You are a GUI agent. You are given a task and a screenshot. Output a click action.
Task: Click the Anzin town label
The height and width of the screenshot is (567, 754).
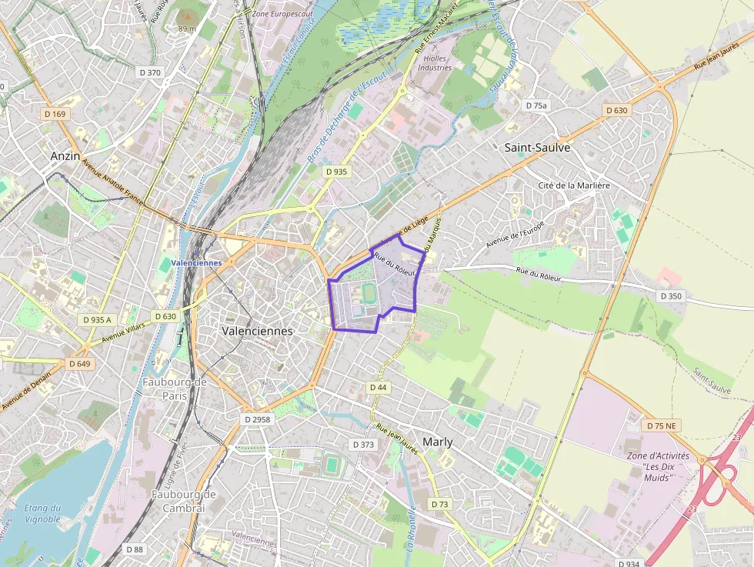click(x=65, y=155)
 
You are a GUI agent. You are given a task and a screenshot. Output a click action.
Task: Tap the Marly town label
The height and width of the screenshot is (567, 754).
click(x=437, y=442)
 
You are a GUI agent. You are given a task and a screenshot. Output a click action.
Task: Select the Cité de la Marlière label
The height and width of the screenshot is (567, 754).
click(x=573, y=185)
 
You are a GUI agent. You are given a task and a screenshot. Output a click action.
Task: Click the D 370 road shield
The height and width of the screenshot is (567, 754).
click(x=150, y=72)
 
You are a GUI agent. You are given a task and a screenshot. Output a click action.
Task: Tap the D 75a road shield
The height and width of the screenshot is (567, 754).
click(x=535, y=105)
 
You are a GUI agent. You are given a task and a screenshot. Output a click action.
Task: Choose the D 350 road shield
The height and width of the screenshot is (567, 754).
click(x=670, y=296)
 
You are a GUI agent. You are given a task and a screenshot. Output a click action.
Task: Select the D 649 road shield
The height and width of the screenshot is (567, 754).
click(x=79, y=363)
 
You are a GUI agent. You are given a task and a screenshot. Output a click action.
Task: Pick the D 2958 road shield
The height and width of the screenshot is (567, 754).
click(x=257, y=419)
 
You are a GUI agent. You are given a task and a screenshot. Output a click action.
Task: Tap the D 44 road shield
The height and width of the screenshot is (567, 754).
click(x=378, y=387)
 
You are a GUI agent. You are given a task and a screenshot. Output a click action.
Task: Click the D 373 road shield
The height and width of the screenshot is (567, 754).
click(x=363, y=445)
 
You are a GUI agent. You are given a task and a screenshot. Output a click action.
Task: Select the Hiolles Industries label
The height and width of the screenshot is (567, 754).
click(x=435, y=62)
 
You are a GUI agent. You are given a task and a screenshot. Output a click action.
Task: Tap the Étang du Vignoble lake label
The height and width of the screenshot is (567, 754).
click(x=42, y=513)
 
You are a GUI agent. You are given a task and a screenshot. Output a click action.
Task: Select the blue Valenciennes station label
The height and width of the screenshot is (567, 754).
click(x=197, y=262)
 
